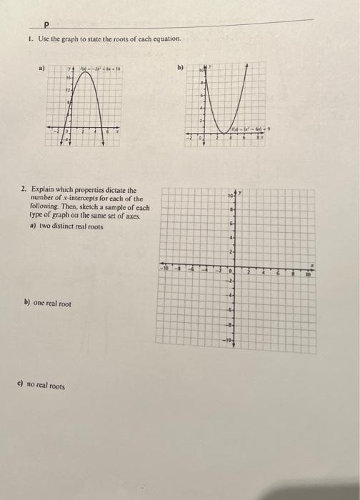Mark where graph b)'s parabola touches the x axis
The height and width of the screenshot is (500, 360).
226,133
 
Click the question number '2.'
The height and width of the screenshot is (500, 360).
24,189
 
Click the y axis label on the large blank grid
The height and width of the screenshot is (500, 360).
241,191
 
